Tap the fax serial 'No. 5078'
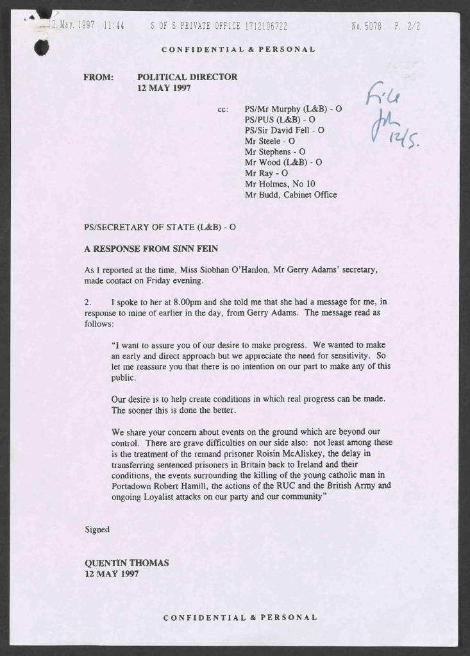click(x=366, y=26)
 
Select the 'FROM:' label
click(x=98, y=77)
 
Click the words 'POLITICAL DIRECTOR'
click(x=187, y=77)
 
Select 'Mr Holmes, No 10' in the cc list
click(x=278, y=184)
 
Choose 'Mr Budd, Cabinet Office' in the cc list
click(x=290, y=195)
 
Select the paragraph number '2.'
click(x=88, y=301)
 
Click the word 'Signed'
click(x=97, y=530)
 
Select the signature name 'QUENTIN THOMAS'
click(x=127, y=563)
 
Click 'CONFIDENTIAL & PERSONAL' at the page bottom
click(x=240, y=618)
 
